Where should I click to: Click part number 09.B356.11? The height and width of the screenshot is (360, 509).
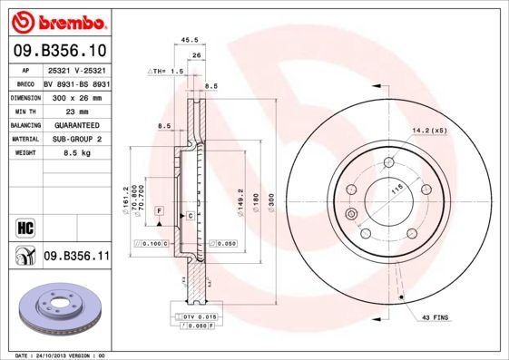click(76, 258)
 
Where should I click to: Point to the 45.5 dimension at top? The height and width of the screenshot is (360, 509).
click(190, 40)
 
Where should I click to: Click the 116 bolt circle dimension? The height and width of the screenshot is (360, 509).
click(395, 190)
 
